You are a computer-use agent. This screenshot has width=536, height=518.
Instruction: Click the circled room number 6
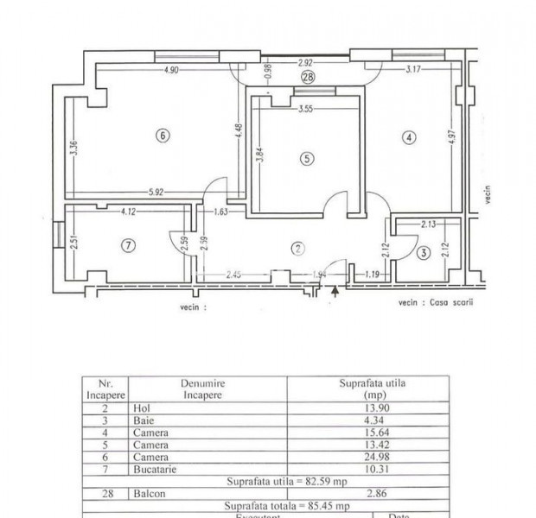click(161, 134)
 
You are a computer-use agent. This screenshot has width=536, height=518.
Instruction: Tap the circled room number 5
click(305, 158)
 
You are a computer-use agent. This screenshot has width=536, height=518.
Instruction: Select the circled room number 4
click(409, 136)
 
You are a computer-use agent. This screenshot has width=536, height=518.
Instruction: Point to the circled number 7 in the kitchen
click(128, 246)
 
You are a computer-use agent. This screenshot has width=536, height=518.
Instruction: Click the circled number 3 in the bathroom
click(422, 253)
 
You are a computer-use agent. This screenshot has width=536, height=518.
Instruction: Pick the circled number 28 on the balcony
click(309, 77)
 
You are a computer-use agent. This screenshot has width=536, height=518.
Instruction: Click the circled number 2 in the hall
click(298, 249)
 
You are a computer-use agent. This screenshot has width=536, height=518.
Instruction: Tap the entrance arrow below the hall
click(335, 292)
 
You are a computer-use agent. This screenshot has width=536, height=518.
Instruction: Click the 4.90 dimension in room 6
click(170, 70)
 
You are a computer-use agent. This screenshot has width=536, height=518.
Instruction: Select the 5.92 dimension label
click(156, 193)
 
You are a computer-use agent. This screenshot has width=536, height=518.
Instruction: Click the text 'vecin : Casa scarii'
click(437, 303)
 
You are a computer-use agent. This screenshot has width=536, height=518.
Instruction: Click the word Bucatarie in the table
click(156, 469)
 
